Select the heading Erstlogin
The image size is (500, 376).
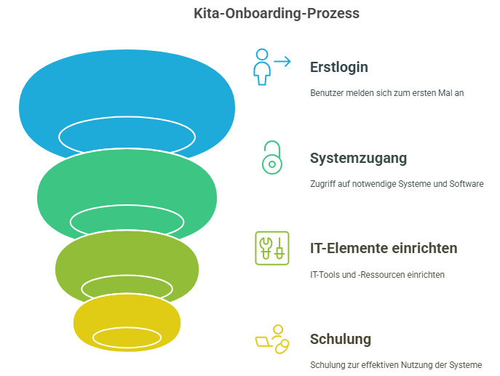point(338,67)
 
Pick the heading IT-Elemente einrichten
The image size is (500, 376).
point(384,248)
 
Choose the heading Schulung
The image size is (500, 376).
point(340,339)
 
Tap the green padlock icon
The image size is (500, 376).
point(271,157)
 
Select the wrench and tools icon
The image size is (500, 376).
point(271,248)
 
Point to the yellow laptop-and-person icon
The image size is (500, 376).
point(271,339)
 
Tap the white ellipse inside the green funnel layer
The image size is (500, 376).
point(127,219)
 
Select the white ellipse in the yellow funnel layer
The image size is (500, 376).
point(127,337)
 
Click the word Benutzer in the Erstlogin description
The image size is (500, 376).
point(326,93)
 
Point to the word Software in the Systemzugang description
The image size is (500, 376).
point(465,184)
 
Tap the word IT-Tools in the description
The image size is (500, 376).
point(325,275)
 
